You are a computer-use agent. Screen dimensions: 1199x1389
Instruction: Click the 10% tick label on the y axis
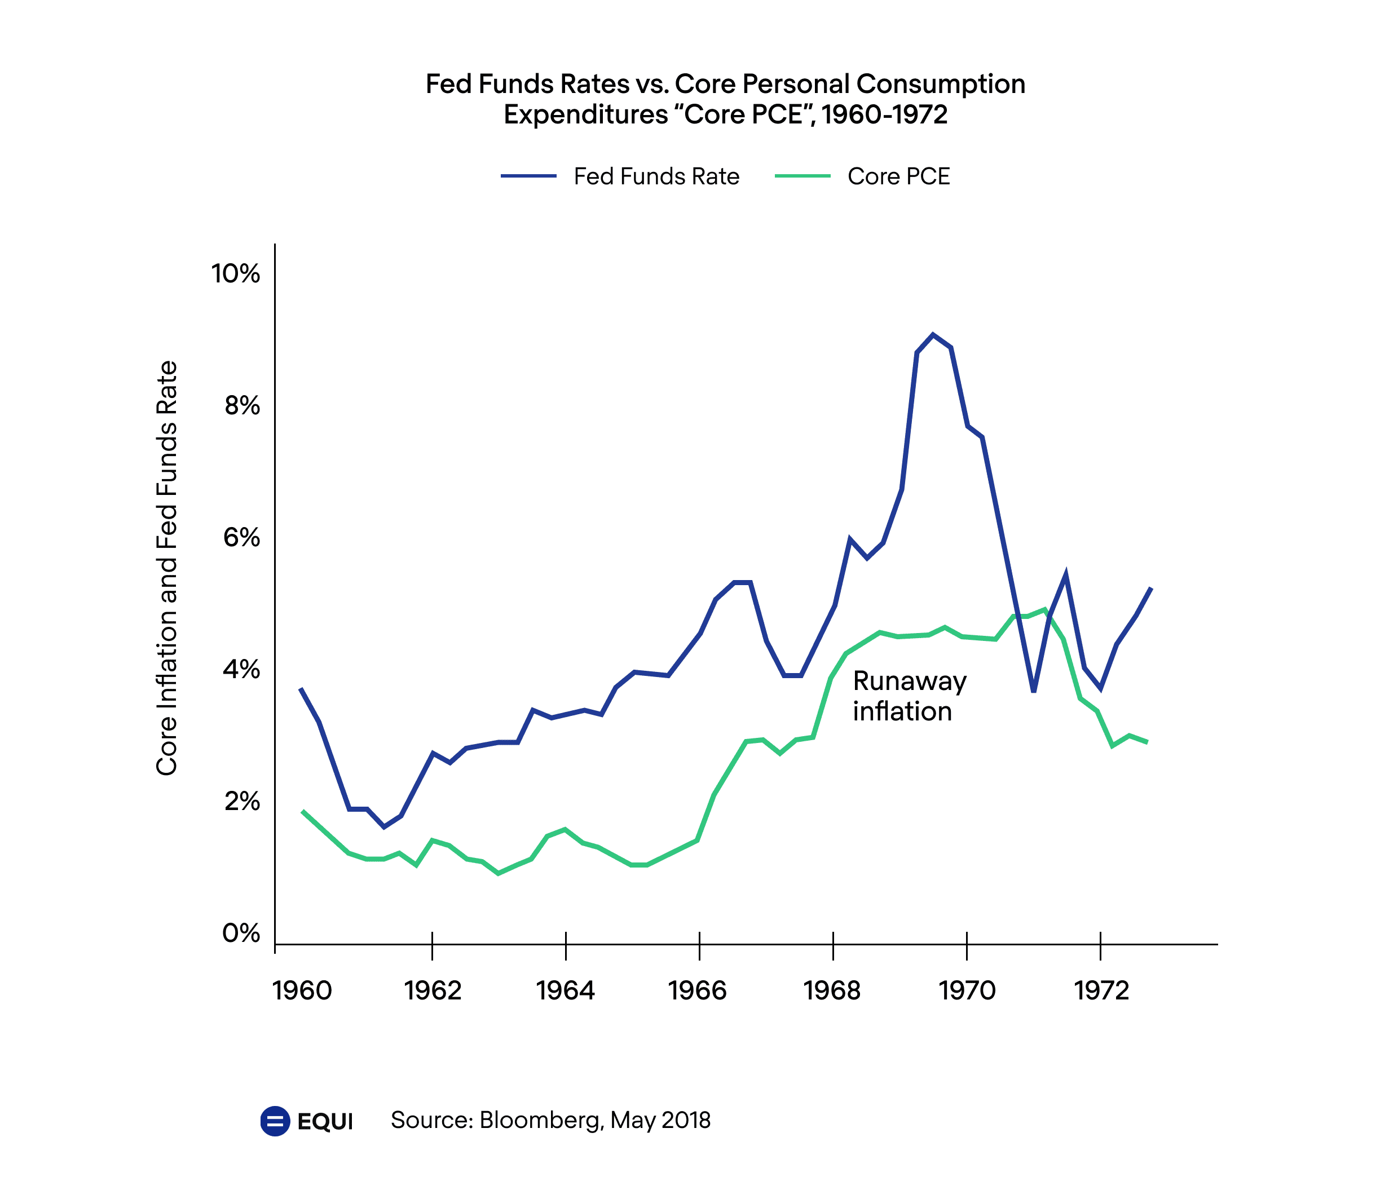point(235,273)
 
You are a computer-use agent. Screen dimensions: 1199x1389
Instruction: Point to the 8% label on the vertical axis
point(242,405)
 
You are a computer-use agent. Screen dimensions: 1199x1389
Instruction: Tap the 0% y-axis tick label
point(241,933)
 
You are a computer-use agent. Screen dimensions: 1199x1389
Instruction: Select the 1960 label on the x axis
point(302,990)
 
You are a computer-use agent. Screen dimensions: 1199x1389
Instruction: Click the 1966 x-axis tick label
point(698,990)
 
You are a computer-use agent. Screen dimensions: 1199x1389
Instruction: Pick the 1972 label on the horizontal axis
point(1101,990)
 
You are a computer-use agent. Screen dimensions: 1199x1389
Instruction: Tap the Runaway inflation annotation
point(909,696)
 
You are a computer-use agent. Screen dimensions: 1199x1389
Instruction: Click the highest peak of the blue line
point(932,334)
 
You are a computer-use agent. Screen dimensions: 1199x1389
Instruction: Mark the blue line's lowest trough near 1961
point(384,827)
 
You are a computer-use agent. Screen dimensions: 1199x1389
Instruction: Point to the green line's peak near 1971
point(1044,609)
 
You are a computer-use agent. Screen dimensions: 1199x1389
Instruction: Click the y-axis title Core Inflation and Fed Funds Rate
point(167,568)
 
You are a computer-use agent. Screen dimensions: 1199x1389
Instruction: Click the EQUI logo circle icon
point(275,1121)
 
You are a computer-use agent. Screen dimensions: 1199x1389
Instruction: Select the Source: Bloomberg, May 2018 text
point(550,1120)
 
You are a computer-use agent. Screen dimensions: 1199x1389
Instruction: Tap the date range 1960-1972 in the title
point(885,114)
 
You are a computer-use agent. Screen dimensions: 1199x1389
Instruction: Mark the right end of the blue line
point(1151,588)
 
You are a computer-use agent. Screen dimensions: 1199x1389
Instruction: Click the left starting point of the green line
point(303,811)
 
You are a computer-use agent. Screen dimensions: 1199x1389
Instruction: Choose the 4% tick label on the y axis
point(242,669)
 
